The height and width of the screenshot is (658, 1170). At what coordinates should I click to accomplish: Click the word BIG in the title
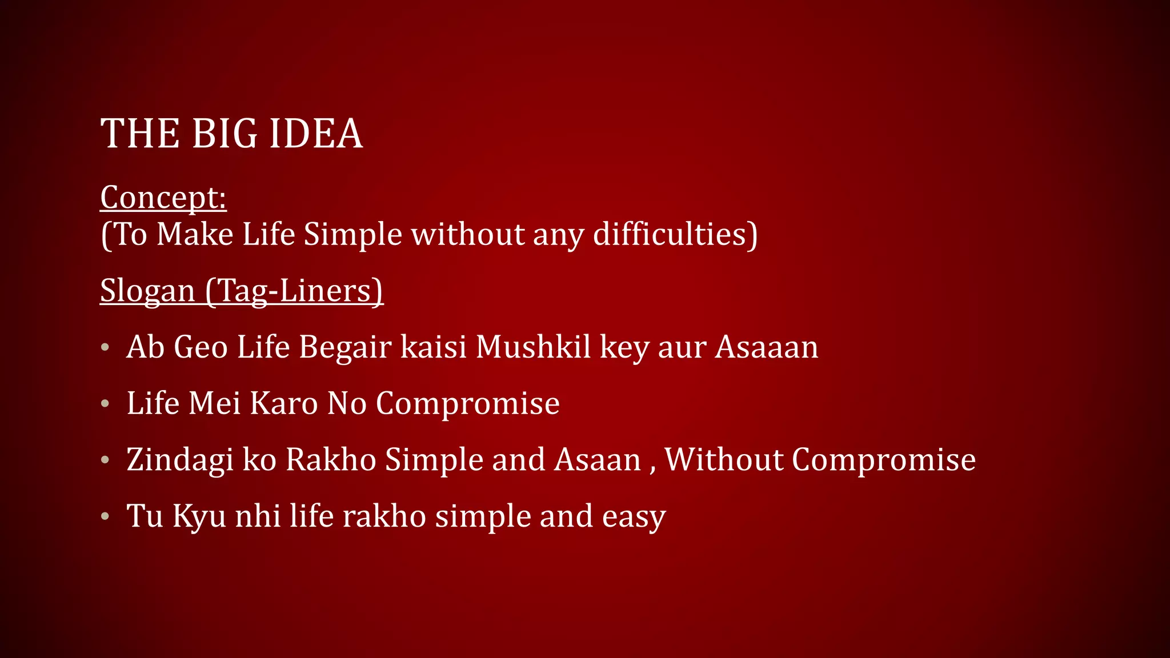[x=224, y=134]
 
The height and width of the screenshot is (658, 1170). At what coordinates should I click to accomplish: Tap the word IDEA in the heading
[x=315, y=134]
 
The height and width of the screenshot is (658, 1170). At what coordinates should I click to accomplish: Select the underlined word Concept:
[x=163, y=198]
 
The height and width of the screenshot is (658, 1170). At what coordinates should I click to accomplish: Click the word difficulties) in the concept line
[x=675, y=234]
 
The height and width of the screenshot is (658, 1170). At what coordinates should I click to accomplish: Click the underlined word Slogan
[x=147, y=291]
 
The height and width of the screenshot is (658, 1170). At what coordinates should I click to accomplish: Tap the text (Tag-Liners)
[x=294, y=291]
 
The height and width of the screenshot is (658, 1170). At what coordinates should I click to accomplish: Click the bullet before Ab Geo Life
[x=105, y=347]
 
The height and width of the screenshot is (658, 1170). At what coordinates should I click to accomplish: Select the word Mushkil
[x=533, y=347]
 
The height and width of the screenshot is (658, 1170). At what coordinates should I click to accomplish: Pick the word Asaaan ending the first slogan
[x=767, y=347]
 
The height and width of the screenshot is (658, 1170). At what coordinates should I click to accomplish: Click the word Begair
[x=345, y=347]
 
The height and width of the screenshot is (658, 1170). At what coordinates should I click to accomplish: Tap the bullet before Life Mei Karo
[x=105, y=404]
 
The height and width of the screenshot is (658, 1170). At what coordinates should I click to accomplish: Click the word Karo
[x=283, y=403]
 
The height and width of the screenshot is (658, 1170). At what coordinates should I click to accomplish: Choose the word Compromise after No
[x=467, y=403]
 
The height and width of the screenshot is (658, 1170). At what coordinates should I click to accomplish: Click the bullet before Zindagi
[x=105, y=460]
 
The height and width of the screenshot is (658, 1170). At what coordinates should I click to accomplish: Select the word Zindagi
[x=180, y=460]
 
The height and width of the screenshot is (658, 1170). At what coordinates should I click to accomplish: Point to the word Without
[x=723, y=459]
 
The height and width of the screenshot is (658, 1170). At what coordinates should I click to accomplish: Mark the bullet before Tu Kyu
[x=105, y=516]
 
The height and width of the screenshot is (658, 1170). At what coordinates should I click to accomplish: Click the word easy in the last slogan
[x=634, y=516]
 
